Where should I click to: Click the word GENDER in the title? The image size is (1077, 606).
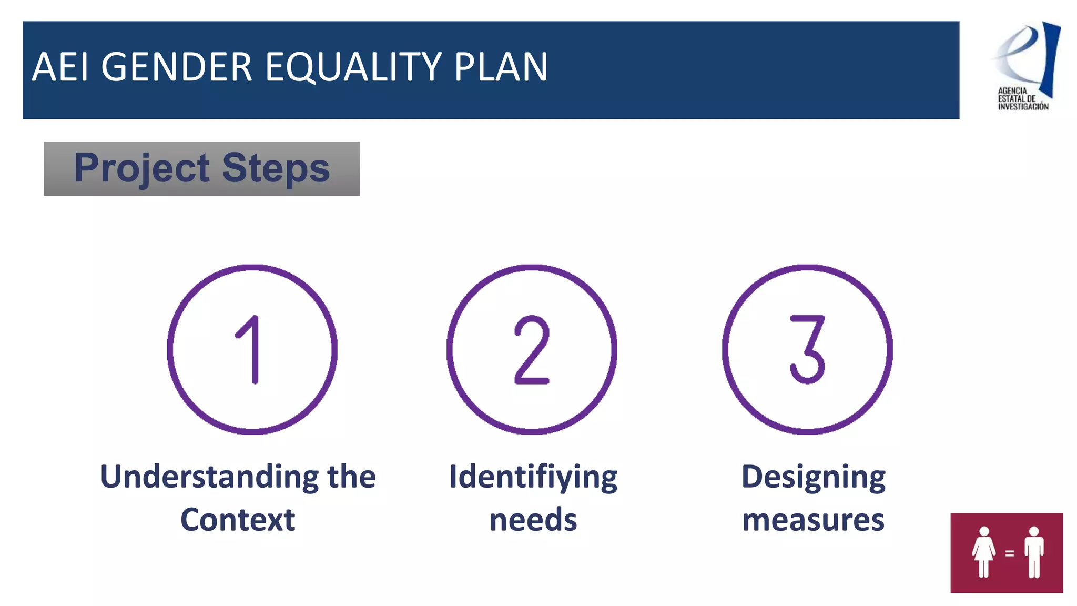pos(177,67)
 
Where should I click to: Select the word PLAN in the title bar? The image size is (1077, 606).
pos(501,67)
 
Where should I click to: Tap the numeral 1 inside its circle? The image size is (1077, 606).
pos(250,350)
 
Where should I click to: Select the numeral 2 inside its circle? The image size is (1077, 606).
pos(532,350)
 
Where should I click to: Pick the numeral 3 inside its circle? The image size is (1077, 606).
pos(808,350)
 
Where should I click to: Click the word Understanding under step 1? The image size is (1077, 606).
pos(209,477)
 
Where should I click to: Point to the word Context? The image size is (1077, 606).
pos(238,520)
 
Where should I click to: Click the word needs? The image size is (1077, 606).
pos(533,520)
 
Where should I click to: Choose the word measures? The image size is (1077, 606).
pos(813,520)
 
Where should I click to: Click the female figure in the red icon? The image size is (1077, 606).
pos(983,552)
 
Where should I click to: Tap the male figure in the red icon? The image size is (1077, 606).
pos(1034,552)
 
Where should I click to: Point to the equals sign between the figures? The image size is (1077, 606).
pos(1009,553)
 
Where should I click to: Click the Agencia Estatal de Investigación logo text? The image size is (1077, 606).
pos(1022,99)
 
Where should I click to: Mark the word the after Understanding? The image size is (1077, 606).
pos(351,477)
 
